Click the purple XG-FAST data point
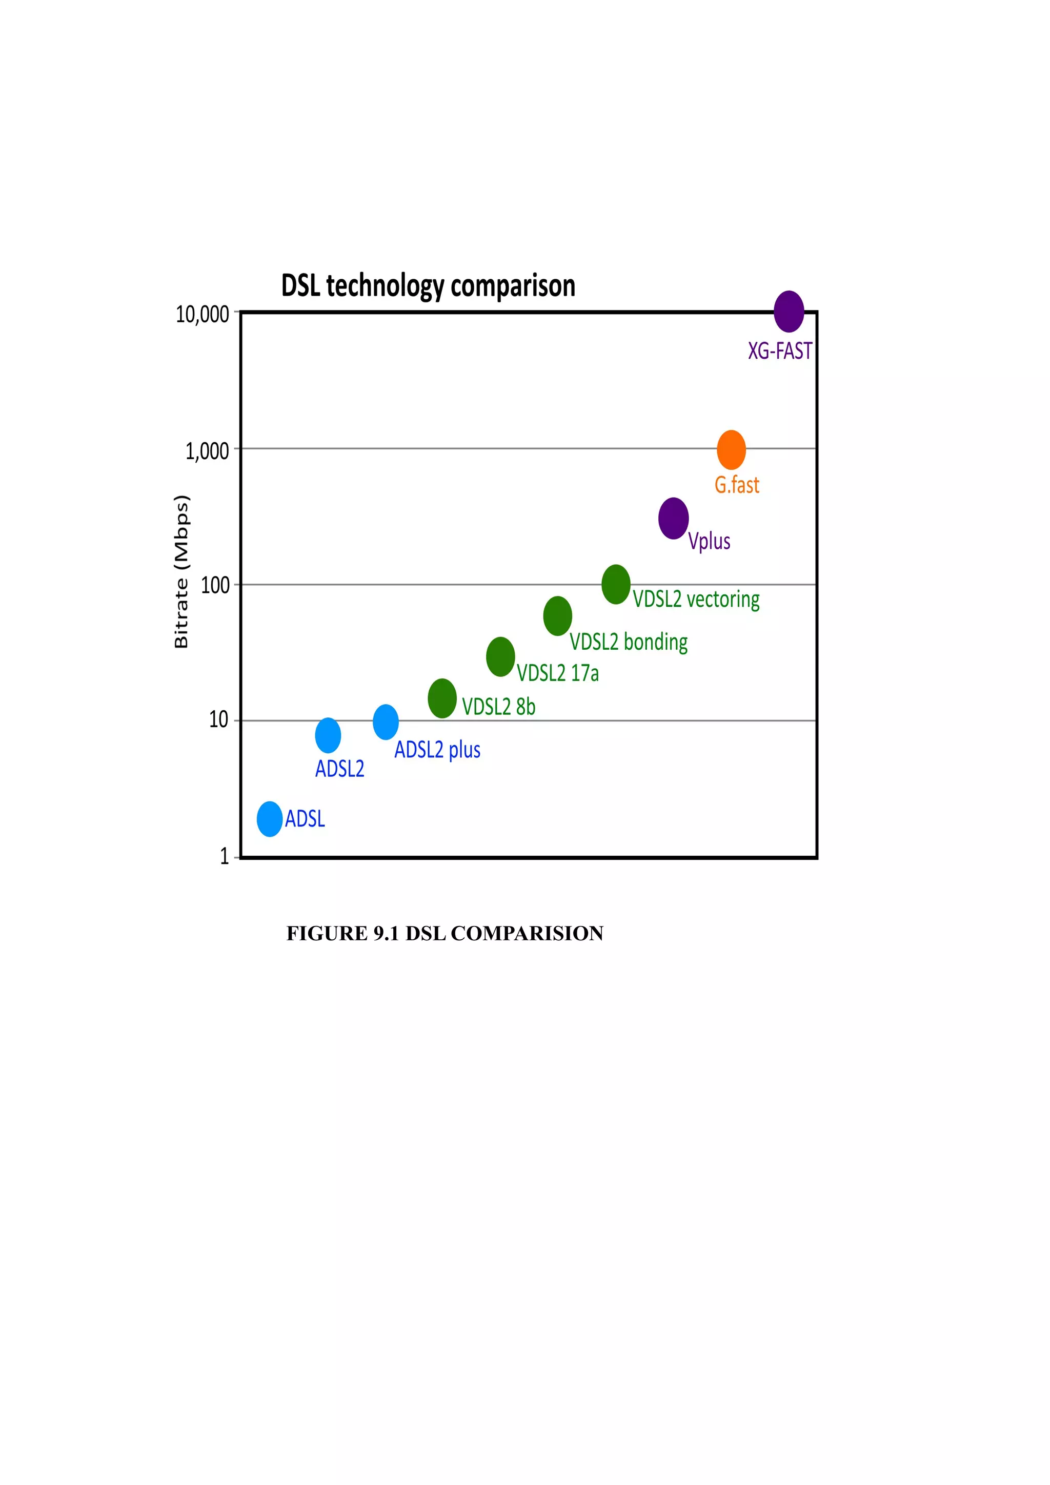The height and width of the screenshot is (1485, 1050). [x=789, y=311]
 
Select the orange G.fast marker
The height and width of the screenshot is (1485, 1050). [x=731, y=449]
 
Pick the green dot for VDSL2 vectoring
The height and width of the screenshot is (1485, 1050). [x=616, y=584]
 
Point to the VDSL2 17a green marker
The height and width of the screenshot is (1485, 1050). [x=500, y=656]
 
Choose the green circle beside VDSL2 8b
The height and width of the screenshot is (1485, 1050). [x=442, y=698]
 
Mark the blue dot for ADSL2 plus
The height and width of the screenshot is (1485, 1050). [x=386, y=722]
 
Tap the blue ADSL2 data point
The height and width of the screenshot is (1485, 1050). [x=328, y=735]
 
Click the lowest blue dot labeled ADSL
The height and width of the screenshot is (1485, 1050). [x=269, y=819]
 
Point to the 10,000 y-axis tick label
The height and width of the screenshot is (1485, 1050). [x=203, y=314]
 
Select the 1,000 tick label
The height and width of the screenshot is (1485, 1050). [x=207, y=451]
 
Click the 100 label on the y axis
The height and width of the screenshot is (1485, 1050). [x=215, y=585]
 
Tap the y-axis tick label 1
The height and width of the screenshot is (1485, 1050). [x=225, y=856]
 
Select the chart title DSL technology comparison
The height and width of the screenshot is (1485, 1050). [x=428, y=285]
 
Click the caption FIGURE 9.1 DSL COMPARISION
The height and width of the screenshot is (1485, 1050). [x=445, y=933]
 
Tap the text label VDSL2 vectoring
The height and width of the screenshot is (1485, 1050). [x=696, y=599]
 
